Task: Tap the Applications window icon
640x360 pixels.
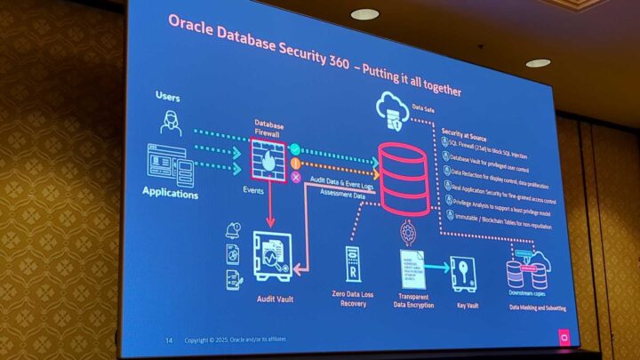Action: tap(170, 165)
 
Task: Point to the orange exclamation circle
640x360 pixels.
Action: tap(296, 164)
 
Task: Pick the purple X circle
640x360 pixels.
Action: tap(296, 178)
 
